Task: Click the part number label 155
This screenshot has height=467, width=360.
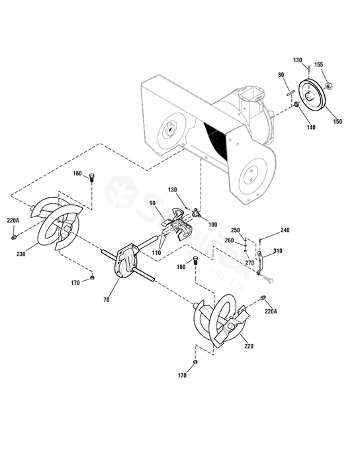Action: pyautogui.click(x=318, y=65)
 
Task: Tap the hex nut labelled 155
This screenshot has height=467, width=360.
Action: pyautogui.click(x=328, y=85)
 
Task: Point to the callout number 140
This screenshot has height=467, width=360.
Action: pyautogui.click(x=310, y=127)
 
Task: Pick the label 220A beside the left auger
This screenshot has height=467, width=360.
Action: pyautogui.click(x=13, y=221)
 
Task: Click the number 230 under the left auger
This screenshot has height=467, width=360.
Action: pyautogui.click(x=21, y=254)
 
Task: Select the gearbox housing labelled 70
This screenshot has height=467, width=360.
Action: pyautogui.click(x=126, y=260)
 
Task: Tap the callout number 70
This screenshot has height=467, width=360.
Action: pyautogui.click(x=107, y=300)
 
